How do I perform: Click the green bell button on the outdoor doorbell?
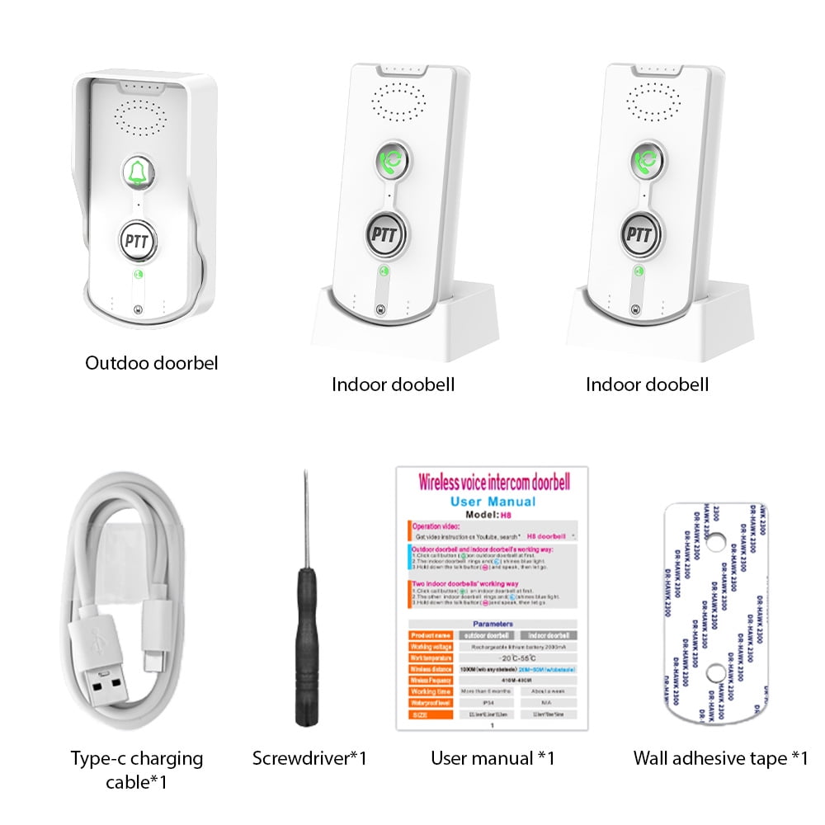click(136, 172)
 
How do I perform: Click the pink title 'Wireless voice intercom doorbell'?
click(493, 481)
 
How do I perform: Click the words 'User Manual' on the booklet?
click(493, 502)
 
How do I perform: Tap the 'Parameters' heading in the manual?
click(493, 625)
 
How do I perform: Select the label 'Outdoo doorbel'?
click(152, 362)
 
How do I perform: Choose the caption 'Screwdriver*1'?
click(309, 758)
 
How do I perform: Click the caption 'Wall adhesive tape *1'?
click(720, 758)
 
